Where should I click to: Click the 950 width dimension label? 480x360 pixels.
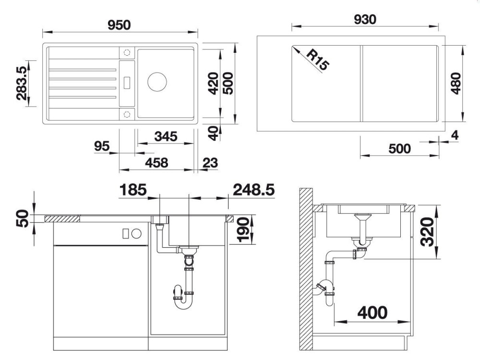coord(119,25)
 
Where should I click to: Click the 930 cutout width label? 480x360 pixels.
coord(365,20)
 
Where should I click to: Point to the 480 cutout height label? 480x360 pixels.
coord(456,84)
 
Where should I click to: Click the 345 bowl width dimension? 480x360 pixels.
coord(166,136)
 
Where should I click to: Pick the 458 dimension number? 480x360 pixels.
coord(156,163)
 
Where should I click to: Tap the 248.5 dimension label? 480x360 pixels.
coord(254,190)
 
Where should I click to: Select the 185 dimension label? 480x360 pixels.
coord(133,190)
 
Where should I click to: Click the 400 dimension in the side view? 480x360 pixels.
coord(372,312)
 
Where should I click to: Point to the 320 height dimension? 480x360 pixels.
coord(427,232)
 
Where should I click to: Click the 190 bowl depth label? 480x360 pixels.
coord(244,229)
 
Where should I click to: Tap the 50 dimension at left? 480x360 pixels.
coord(23,218)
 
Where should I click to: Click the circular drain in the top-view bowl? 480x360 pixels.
coord(157,82)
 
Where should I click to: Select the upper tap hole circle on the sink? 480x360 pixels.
coord(127,52)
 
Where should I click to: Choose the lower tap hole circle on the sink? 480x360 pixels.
coord(127,114)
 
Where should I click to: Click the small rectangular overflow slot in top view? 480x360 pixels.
coord(127,83)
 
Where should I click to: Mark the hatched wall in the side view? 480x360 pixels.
coord(306,269)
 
